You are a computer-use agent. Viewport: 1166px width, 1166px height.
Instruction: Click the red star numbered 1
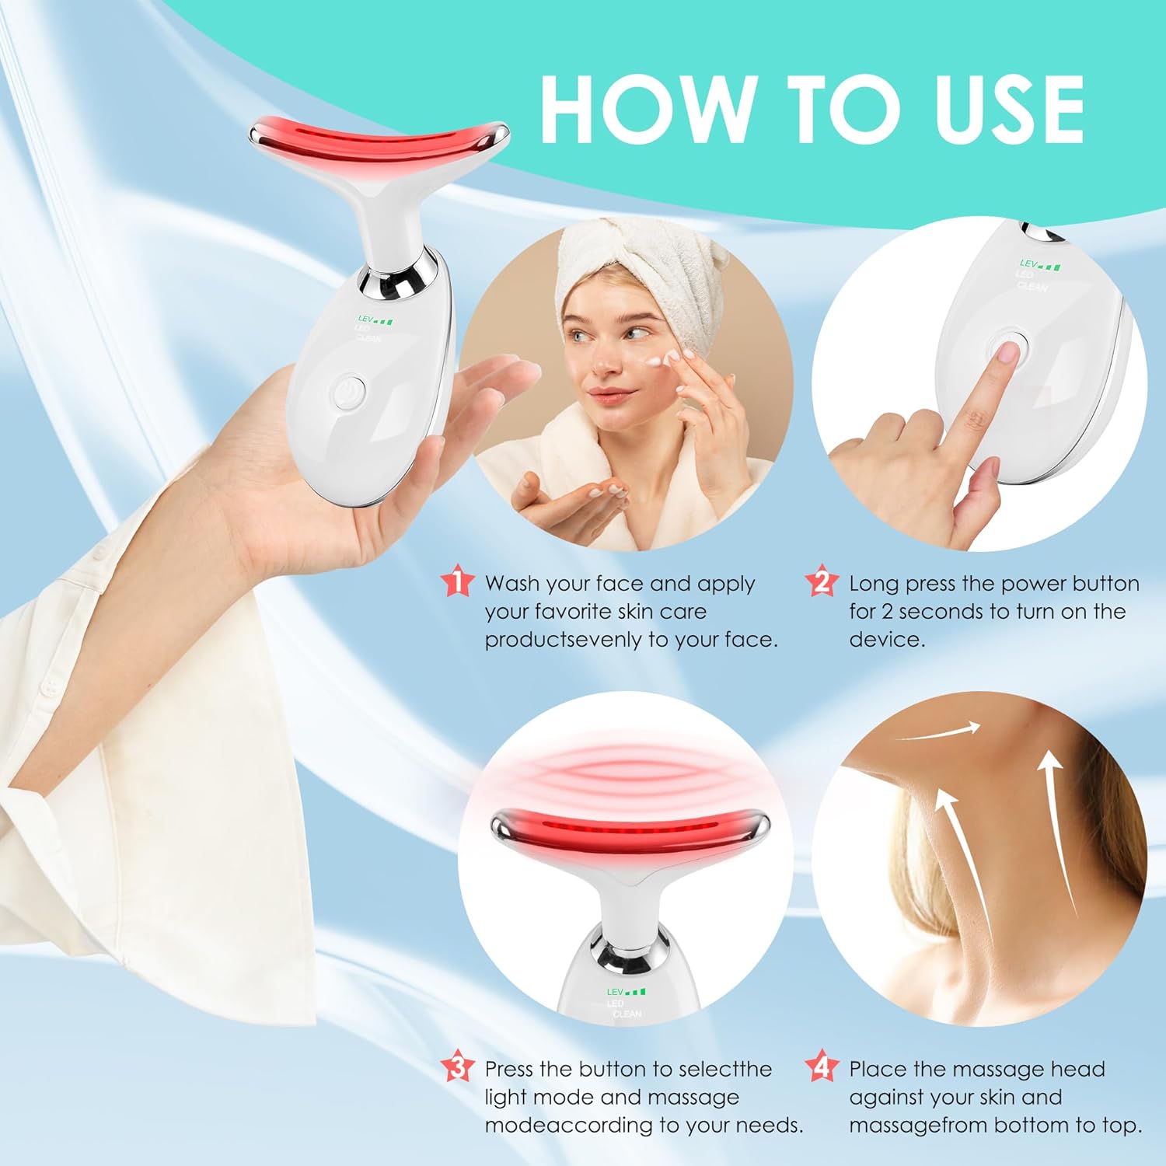pyautogui.click(x=457, y=581)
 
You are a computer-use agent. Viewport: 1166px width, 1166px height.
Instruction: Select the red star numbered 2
pyautogui.click(x=822, y=581)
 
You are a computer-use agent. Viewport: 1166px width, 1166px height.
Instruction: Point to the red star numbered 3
pyautogui.click(x=457, y=1067)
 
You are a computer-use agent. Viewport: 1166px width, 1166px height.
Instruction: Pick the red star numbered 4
pyautogui.click(x=822, y=1067)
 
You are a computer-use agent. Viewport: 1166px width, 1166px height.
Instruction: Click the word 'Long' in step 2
pyautogui.click(x=874, y=584)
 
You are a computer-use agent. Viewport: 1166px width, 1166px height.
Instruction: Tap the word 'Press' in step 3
pyautogui.click(x=509, y=1070)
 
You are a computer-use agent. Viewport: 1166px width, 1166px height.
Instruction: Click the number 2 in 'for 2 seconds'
pyautogui.click(x=887, y=612)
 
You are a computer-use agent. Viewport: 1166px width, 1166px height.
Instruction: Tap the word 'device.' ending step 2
pyautogui.click(x=887, y=640)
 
